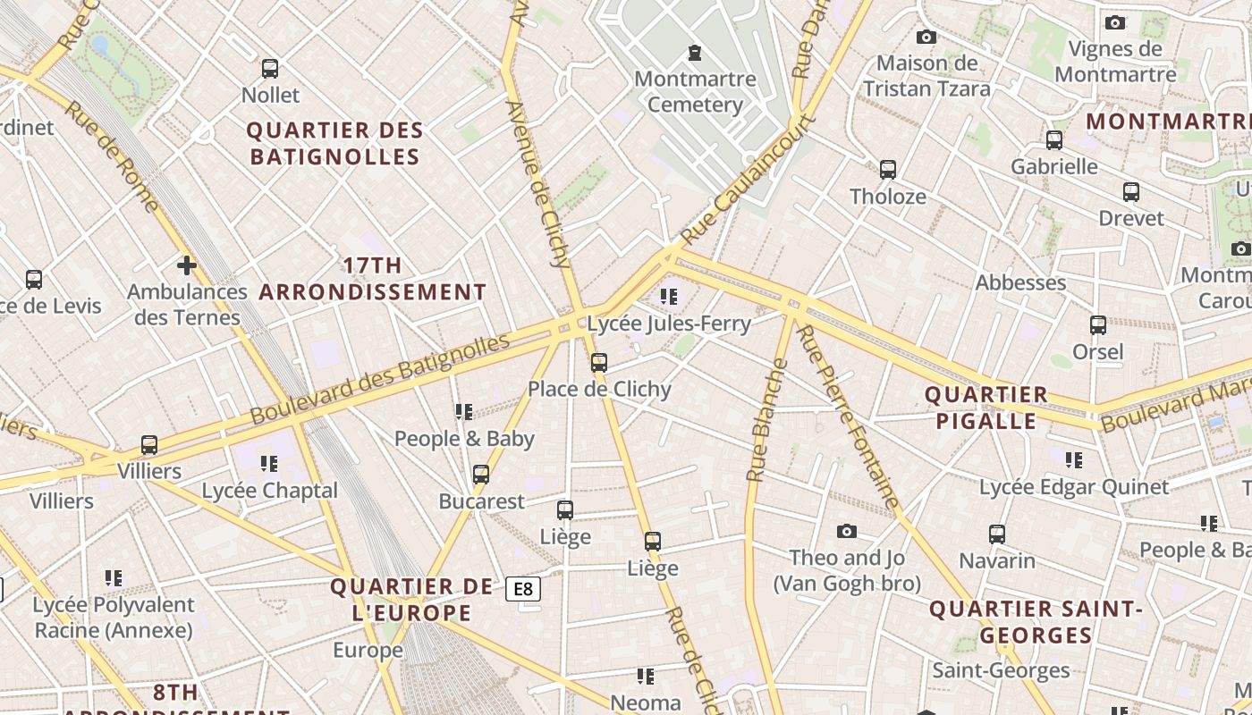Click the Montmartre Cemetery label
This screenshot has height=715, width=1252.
click(x=695, y=92)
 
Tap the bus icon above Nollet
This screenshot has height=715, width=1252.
click(x=270, y=69)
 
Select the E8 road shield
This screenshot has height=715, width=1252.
click(x=523, y=589)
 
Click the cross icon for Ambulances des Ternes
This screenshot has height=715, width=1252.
click(x=186, y=265)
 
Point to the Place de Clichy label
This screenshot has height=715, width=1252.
click(x=599, y=389)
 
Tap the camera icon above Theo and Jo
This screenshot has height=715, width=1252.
click(x=846, y=532)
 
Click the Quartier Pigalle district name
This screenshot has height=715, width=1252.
click(x=986, y=408)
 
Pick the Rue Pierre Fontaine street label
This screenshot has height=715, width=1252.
click(x=848, y=417)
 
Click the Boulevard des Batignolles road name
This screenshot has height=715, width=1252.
click(x=380, y=378)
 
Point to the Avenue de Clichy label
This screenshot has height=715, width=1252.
click(x=538, y=184)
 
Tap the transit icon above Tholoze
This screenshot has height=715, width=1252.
click(x=887, y=170)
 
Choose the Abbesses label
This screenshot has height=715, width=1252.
click(x=1020, y=282)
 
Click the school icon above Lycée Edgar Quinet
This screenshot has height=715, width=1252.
click(x=1073, y=460)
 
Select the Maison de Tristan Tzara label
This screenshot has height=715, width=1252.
click(x=926, y=76)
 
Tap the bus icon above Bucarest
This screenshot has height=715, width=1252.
click(x=481, y=475)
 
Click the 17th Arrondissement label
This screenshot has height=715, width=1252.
click(x=373, y=279)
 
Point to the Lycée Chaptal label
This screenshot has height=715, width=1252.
click(x=269, y=491)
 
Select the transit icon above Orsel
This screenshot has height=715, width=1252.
click(x=1097, y=325)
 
